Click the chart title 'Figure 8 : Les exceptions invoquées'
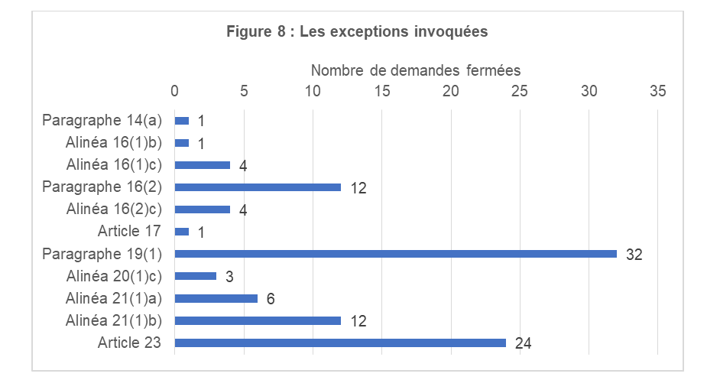[x=358, y=32]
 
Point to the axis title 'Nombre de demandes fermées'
[x=415, y=70]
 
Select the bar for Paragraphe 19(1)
[x=395, y=254]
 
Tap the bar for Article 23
[x=340, y=343]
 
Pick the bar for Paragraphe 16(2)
[x=258, y=187]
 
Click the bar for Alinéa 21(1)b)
[x=258, y=320]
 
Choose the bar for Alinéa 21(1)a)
[x=216, y=298]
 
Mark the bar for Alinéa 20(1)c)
[x=196, y=276]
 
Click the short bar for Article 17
[x=182, y=232]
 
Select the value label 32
[x=634, y=255]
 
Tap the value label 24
[x=523, y=343]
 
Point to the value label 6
[x=271, y=299]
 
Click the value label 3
[x=229, y=277]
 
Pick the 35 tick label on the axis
[x=657, y=91]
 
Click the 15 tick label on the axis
[x=382, y=91]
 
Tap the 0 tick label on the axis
[x=174, y=91]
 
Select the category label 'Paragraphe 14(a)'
[x=102, y=120]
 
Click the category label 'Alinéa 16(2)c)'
[x=114, y=209]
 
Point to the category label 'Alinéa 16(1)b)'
[x=114, y=142]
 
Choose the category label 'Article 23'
[x=129, y=342]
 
